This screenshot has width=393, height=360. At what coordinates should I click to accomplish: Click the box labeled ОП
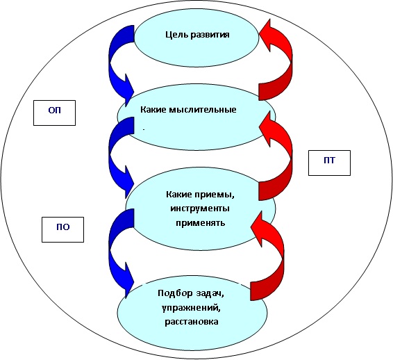[x=54, y=113]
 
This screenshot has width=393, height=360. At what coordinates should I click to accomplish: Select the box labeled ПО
[x=62, y=229]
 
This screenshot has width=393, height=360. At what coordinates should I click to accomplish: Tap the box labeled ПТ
[x=329, y=163]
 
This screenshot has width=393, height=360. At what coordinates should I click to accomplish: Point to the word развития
[x=210, y=35]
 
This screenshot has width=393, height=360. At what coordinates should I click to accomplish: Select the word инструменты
[x=200, y=208]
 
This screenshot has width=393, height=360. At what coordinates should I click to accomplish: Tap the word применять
[x=200, y=223]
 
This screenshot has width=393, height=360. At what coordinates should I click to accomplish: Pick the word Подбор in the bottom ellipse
[x=176, y=293]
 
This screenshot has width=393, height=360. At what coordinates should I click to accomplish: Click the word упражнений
[x=191, y=308]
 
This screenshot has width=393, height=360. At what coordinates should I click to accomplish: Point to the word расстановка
[x=191, y=322]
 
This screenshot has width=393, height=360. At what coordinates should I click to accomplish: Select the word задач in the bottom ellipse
[x=210, y=293]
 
